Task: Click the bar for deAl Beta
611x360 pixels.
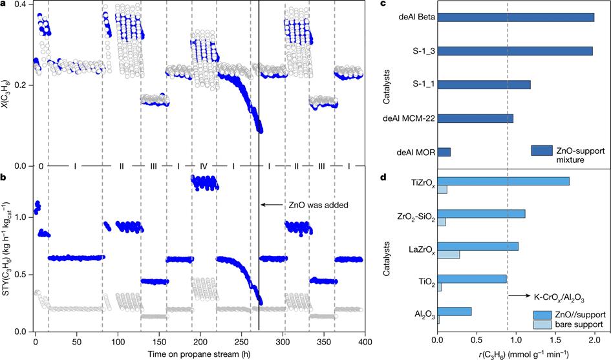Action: click(x=516, y=17)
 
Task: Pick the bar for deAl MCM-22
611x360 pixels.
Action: click(x=476, y=118)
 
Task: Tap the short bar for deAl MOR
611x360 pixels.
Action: click(x=444, y=153)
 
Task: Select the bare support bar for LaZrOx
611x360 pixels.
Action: click(x=449, y=254)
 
